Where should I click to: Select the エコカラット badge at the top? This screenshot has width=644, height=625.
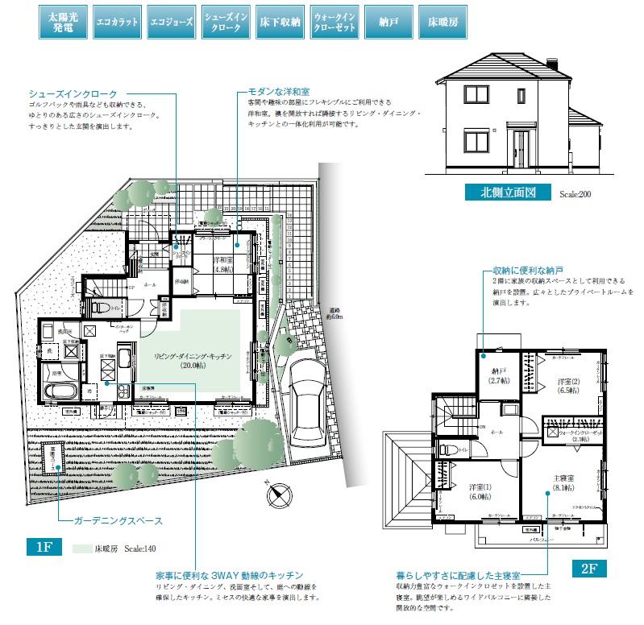point(116,22)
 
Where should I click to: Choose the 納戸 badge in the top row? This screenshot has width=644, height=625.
point(384,22)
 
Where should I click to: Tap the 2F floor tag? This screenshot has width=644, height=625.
point(588,568)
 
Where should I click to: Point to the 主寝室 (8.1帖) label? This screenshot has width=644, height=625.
point(563,482)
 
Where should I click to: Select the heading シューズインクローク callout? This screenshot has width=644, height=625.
point(73,94)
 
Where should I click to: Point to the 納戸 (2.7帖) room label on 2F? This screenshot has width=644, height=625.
point(498,375)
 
